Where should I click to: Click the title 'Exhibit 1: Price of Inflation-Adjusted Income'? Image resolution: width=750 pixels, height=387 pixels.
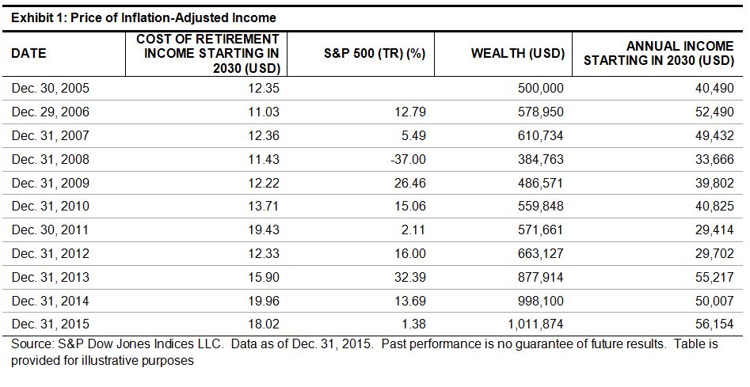click(x=143, y=17)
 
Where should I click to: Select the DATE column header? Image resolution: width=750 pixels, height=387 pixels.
click(x=29, y=54)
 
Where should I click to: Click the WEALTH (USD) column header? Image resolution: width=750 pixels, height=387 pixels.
click(x=517, y=54)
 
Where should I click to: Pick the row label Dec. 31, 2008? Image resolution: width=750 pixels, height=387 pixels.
click(x=50, y=160)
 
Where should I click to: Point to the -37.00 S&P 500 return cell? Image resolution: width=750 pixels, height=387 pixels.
click(x=409, y=160)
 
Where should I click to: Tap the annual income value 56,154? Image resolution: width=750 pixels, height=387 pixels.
click(x=713, y=324)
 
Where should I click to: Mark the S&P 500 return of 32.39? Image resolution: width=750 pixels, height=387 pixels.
click(x=410, y=278)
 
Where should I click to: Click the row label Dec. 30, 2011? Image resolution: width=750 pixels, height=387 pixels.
click(x=50, y=230)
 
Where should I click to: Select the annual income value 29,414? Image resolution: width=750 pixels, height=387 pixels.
click(x=713, y=230)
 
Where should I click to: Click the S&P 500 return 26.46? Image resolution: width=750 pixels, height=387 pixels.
click(x=410, y=184)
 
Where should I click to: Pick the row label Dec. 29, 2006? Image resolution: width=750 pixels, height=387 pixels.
click(x=50, y=112)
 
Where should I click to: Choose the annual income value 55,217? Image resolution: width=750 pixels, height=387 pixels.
click(x=713, y=278)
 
